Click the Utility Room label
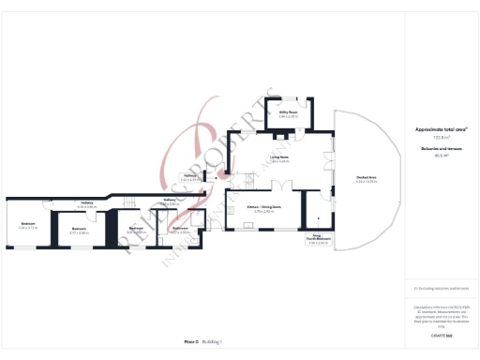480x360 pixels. [288, 113]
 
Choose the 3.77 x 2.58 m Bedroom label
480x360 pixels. [80, 230]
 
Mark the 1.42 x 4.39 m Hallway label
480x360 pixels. [189, 176]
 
